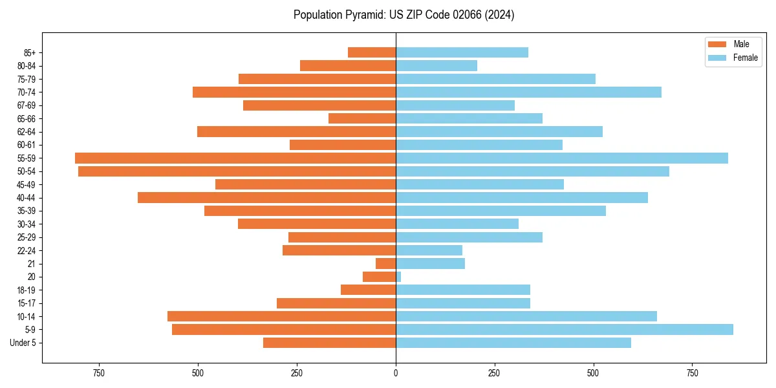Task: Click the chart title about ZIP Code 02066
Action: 404,15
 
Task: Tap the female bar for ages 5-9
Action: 564,330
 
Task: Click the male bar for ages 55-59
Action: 235,158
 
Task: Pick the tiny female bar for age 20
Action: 398,277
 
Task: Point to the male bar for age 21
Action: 385,264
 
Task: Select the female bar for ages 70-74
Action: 528,92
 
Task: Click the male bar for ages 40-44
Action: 266,197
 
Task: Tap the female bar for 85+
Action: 462,52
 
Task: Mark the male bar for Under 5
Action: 329,343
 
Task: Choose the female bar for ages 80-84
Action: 436,65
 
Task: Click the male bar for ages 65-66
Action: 362,118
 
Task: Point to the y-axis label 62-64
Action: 27,132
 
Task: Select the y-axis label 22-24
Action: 27,250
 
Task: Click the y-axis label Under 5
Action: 23,343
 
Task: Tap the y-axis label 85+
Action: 30,52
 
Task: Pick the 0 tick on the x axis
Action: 396,372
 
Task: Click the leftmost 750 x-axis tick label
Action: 99,372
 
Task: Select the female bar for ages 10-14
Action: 526,316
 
